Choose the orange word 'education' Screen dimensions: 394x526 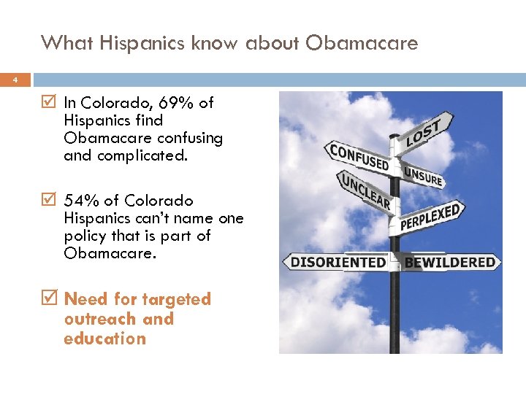pyautogui.click(x=104, y=339)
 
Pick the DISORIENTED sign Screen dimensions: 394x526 pyautogui.click(x=338, y=262)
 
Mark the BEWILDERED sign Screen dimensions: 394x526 pyautogui.click(x=449, y=262)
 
